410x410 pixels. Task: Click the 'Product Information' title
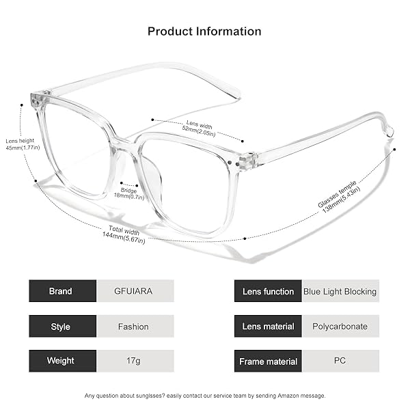[204, 31]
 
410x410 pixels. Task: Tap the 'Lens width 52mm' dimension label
[199, 128]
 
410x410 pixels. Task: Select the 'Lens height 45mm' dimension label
[23, 144]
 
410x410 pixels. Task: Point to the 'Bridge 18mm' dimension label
[129, 194]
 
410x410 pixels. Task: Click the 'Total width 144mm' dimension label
[124, 234]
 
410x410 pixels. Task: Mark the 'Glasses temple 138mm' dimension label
[339, 197]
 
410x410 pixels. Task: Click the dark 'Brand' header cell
[62, 291]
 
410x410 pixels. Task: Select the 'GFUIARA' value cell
[135, 291]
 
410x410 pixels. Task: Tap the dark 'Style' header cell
[62, 326]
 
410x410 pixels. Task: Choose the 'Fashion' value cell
[135, 326]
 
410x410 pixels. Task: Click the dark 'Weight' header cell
[62, 361]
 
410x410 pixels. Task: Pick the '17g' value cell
[135, 361]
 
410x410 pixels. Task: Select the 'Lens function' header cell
[268, 291]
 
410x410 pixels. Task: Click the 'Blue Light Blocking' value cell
[340, 291]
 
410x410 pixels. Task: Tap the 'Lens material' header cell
[268, 326]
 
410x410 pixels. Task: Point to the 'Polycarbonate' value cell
[340, 326]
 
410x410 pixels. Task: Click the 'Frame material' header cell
[268, 361]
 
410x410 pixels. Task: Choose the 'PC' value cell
[340, 361]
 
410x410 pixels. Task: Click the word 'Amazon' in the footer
[288, 396]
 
